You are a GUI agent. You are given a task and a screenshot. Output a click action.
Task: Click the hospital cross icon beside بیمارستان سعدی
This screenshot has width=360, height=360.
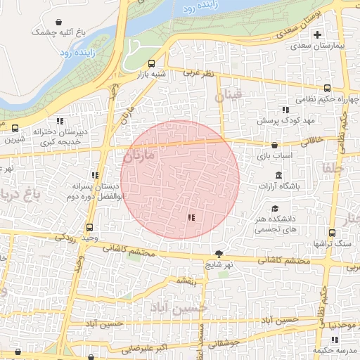[317, 34]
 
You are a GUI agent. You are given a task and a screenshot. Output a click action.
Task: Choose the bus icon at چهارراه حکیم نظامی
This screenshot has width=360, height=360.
[328, 89]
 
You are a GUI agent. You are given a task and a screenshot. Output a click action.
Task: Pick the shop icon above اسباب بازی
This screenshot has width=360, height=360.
[274, 146]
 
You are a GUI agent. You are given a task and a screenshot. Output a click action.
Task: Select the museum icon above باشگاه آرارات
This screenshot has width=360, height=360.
[278, 175]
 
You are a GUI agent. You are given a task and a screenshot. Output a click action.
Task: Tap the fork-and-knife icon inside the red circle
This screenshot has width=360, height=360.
[191, 217]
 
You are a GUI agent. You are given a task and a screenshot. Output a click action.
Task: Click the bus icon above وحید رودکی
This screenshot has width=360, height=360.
[89, 227]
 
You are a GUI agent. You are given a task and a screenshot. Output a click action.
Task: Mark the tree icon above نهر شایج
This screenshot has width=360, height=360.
[219, 254]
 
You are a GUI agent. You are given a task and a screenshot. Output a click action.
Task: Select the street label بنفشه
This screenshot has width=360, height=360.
[186, 281]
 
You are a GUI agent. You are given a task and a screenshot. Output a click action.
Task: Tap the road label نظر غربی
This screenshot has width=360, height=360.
[197, 72]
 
